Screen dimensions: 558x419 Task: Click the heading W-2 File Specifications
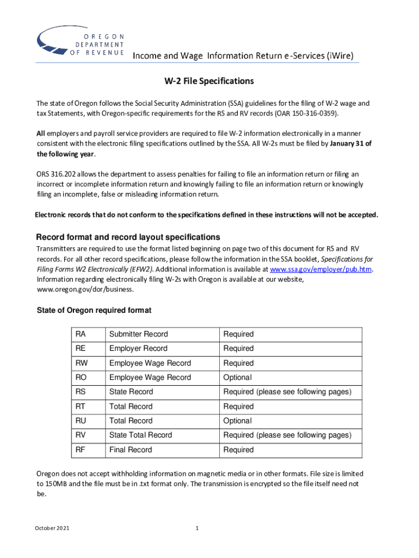[x=209, y=81]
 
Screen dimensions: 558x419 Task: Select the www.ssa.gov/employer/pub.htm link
[x=321, y=269]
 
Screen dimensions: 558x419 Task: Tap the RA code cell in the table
[x=82, y=334]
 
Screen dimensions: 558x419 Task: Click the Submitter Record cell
[x=139, y=334]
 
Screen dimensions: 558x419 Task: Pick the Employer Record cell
[x=138, y=348]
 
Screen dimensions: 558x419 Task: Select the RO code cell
[x=82, y=377]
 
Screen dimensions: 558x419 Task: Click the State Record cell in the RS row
[x=131, y=392]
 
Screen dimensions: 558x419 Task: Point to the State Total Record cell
[x=140, y=435]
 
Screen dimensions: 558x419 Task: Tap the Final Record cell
[x=131, y=450]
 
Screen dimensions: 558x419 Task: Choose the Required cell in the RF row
[x=238, y=450]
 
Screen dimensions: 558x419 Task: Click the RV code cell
[x=82, y=435]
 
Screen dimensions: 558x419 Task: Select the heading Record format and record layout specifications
[x=128, y=238]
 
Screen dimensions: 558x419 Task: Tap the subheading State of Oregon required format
[x=94, y=310]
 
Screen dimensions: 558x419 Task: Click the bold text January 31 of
[x=345, y=144]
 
